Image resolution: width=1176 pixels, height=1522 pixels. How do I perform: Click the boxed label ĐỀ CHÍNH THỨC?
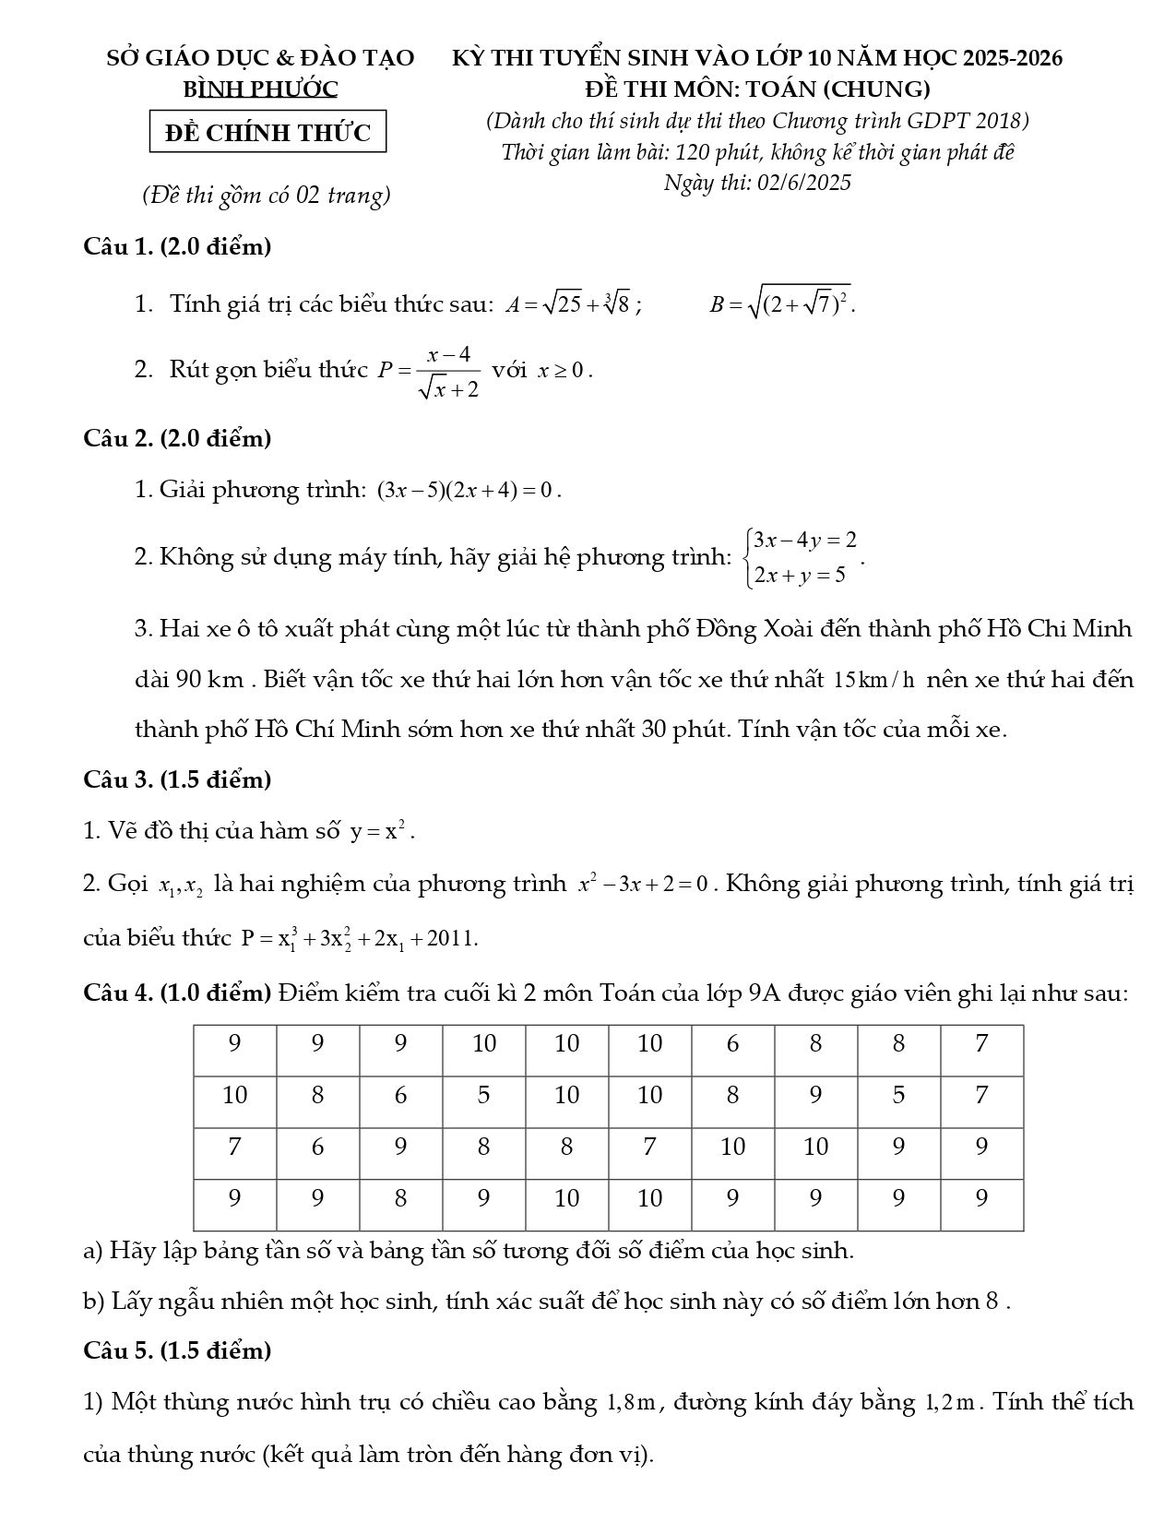267,133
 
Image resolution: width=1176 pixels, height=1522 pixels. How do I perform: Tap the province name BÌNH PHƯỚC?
261,89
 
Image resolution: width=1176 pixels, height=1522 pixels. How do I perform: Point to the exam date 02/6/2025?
803,183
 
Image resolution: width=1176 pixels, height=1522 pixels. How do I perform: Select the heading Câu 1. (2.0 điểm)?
177,246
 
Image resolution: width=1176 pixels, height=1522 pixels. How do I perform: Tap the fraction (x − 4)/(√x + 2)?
449,371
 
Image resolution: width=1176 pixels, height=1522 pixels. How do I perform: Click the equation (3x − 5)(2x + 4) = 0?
469,490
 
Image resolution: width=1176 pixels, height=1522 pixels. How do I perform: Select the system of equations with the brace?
802,557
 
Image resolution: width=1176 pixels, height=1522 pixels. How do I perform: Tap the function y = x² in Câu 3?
380,831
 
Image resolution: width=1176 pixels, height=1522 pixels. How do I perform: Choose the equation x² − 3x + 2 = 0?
643,884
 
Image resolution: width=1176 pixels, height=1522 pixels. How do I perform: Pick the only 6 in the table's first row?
733,1043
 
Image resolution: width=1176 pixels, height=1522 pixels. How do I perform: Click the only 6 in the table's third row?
318,1147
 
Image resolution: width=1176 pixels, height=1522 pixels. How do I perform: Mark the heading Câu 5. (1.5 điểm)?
177,1350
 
